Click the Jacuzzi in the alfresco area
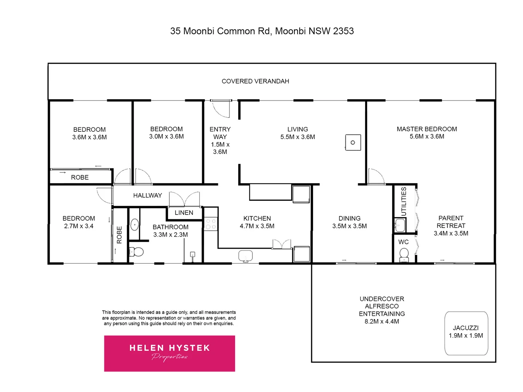[x=466, y=333]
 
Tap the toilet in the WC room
[x=404, y=256]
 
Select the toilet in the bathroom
[x=137, y=252]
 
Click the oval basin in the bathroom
[x=134, y=225]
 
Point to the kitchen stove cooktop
[x=211, y=224]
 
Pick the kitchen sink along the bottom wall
[x=246, y=256]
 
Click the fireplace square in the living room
[x=353, y=142]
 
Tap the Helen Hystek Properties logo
[x=169, y=353]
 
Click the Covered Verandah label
[x=255, y=81]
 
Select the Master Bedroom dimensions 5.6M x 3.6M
[x=427, y=136]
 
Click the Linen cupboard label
[x=184, y=213]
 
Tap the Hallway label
[x=147, y=195]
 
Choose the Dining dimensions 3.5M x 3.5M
[x=349, y=226]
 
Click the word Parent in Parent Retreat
[x=451, y=218]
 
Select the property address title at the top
[x=262, y=31]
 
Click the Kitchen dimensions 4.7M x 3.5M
[x=257, y=226]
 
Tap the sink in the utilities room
[x=400, y=225]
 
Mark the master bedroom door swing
[x=376, y=177]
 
